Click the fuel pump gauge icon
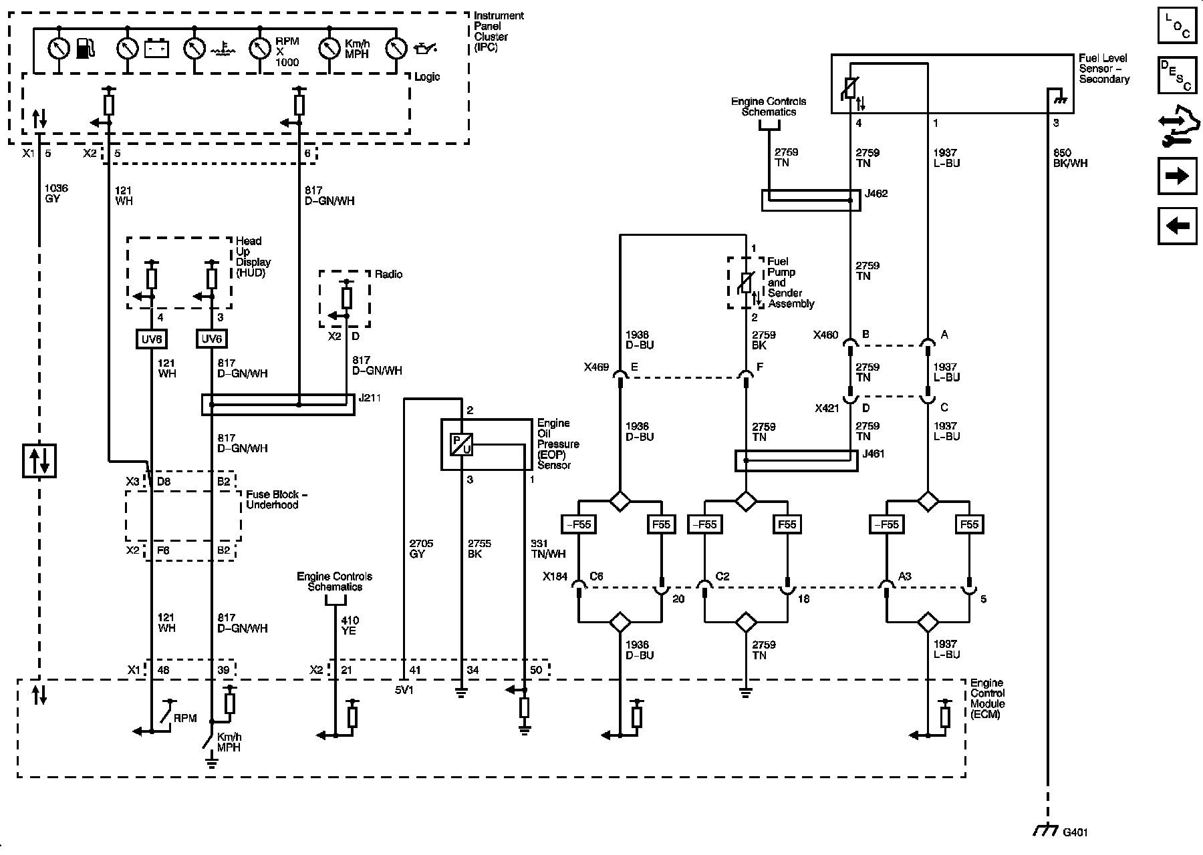point(86,49)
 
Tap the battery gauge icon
point(157,49)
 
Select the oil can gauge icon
point(426,49)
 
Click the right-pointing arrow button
point(1177,176)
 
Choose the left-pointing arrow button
point(1177,226)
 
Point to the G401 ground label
point(1075,833)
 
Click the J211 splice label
point(370,399)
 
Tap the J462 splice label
point(876,194)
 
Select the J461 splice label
point(874,454)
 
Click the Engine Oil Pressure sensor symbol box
point(462,444)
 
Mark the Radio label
point(389,275)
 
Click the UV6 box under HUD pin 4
point(152,339)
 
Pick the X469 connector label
point(596,367)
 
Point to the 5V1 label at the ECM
point(404,690)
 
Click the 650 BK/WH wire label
point(1070,158)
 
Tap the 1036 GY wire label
point(56,194)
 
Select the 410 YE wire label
point(348,625)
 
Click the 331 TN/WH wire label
point(547,548)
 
